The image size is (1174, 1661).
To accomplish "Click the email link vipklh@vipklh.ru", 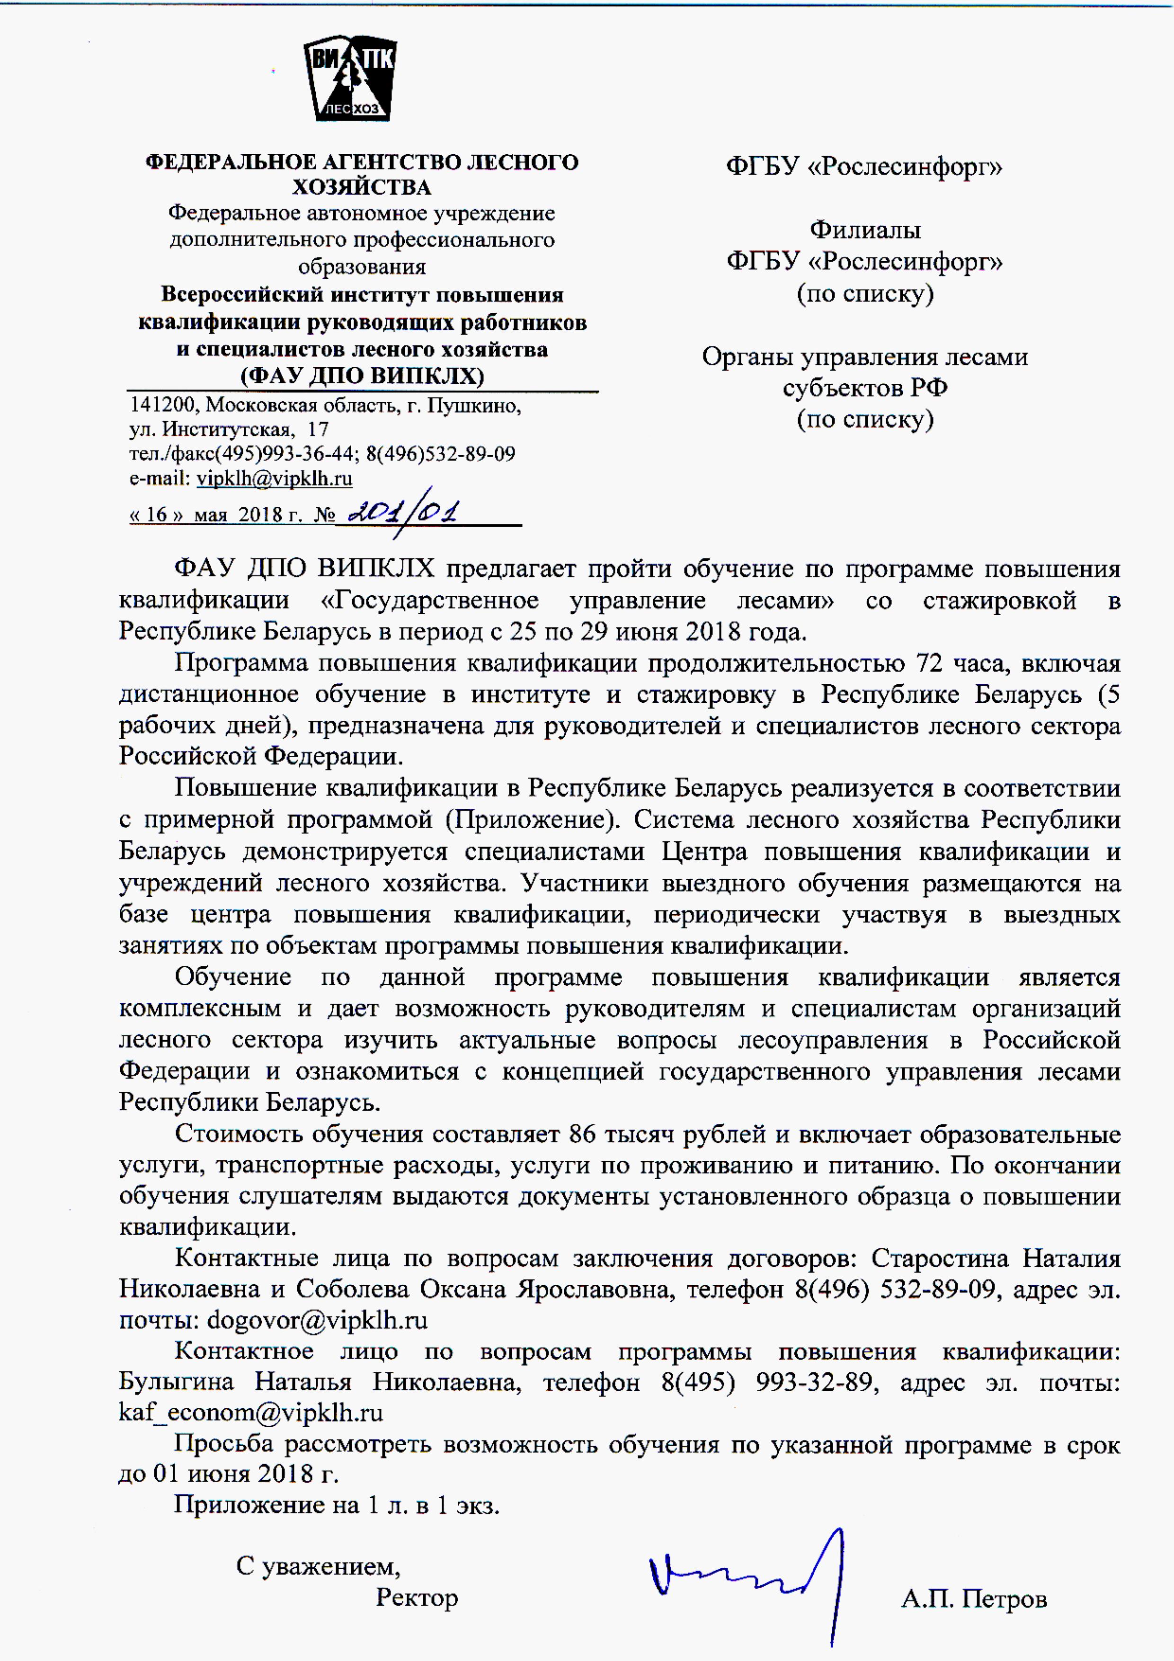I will [x=274, y=478].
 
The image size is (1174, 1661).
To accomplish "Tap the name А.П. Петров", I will [x=973, y=1598].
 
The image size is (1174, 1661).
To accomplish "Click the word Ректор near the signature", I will [x=417, y=1597].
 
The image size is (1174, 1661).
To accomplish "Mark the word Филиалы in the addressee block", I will [x=865, y=230].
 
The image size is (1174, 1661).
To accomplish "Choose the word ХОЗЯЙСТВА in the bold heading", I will [x=362, y=187].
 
